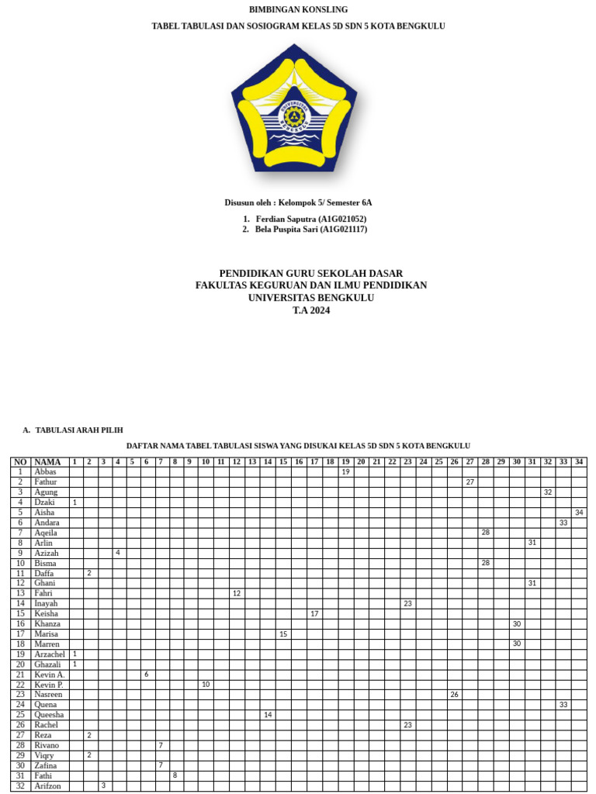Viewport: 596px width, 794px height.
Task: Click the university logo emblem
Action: pos(294,109)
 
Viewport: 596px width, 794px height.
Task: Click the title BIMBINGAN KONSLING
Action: pos(298,9)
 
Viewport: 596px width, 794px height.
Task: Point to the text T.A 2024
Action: pos(311,310)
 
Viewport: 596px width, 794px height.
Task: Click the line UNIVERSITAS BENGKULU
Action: pos(311,298)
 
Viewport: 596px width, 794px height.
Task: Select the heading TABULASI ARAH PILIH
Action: pos(78,430)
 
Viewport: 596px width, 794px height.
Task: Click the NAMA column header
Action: pos(48,462)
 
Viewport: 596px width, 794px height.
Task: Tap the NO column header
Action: pos(20,462)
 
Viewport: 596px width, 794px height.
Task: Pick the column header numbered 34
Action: pos(579,462)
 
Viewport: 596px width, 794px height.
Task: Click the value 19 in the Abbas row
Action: pos(345,471)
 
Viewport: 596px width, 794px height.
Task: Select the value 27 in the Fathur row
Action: pos(470,482)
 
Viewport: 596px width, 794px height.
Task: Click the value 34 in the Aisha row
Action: pos(579,513)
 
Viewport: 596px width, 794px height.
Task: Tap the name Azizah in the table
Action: pos(47,553)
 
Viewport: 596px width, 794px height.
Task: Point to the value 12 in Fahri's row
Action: pos(237,593)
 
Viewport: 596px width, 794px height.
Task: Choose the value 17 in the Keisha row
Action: pos(314,613)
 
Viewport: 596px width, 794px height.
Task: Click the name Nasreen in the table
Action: pos(48,694)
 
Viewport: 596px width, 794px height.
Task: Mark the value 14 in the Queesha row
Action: pos(268,714)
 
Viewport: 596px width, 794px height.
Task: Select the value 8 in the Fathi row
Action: pos(175,775)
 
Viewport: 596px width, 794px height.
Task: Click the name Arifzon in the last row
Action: pos(47,785)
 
